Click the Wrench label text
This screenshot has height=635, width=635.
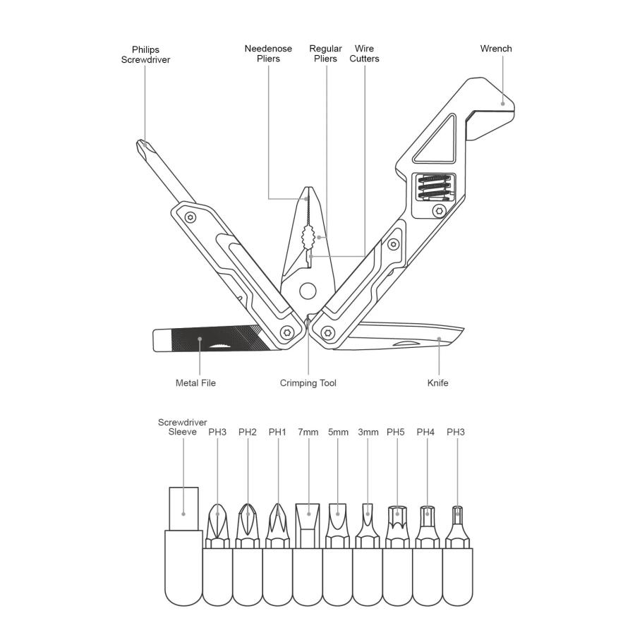click(496, 49)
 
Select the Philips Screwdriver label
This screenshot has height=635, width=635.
click(145, 54)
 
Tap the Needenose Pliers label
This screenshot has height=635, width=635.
click(268, 54)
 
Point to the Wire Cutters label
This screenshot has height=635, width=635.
click(364, 54)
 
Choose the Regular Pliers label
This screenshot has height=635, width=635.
click(325, 54)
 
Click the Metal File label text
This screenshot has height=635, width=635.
click(195, 382)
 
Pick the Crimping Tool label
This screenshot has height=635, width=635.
click(308, 383)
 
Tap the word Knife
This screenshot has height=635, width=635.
click(437, 382)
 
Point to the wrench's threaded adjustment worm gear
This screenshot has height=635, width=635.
click(434, 187)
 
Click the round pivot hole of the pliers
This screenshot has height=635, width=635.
click(308, 291)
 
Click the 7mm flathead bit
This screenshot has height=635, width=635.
click(308, 526)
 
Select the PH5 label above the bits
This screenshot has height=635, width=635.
click(396, 432)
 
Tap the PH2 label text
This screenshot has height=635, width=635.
click(248, 432)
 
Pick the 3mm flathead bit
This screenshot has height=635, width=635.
click(368, 526)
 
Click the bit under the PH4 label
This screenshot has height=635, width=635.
click(428, 526)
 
